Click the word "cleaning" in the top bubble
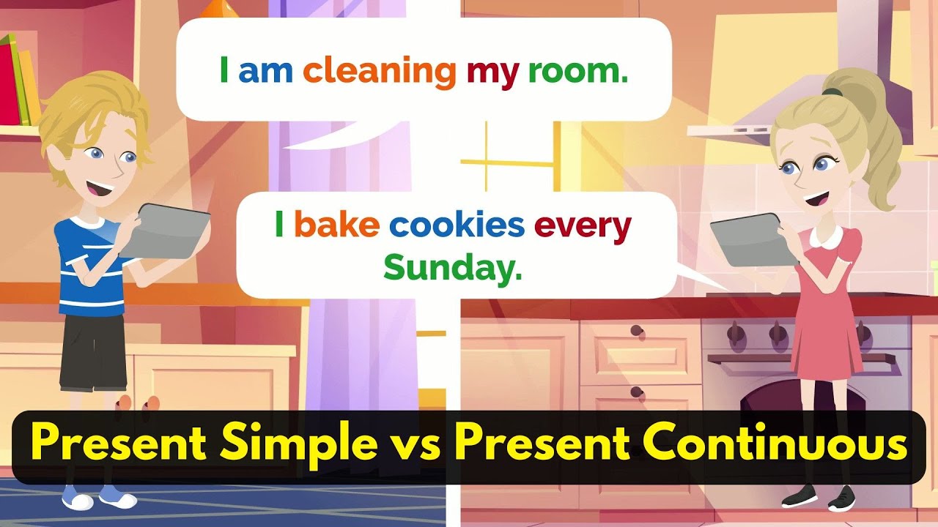(380, 72)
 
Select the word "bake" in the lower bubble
(336, 226)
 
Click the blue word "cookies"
(457, 226)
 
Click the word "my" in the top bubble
(492, 72)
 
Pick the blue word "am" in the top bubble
(266, 72)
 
